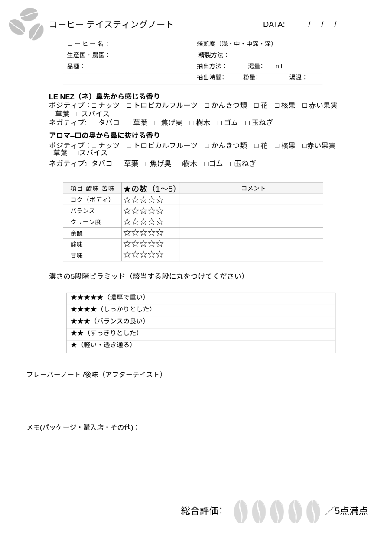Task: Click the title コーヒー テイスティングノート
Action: click(111, 25)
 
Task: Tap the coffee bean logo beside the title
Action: click(26, 24)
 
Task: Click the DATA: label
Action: click(274, 25)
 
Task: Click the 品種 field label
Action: click(75, 66)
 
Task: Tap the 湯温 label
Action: click(298, 77)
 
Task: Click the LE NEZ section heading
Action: click(104, 96)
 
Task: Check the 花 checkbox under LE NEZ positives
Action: click(257, 106)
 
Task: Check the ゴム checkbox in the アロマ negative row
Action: click(206, 163)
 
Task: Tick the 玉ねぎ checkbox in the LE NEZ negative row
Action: click(247, 123)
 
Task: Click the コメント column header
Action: click(253, 188)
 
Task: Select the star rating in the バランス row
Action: click(143, 211)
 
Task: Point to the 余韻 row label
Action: click(77, 233)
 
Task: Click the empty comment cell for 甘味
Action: click(251, 256)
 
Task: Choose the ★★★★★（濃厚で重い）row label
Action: click(108, 298)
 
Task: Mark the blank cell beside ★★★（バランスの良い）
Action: click(318, 323)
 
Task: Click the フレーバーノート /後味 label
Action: click(95, 375)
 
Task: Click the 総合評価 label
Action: click(202, 511)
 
